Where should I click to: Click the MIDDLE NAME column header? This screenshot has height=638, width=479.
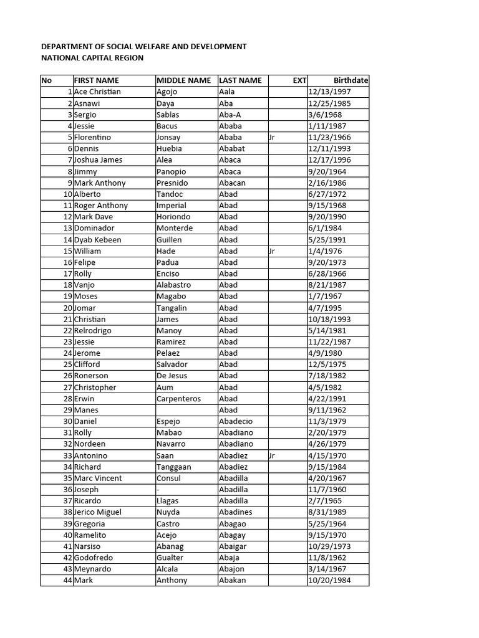[183, 80]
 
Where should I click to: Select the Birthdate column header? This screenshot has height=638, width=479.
[351, 80]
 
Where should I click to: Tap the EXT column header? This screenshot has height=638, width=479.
[299, 80]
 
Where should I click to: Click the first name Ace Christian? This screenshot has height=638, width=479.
[97, 92]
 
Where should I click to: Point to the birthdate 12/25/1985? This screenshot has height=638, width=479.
[329, 103]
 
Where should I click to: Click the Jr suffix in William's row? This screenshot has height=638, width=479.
[271, 251]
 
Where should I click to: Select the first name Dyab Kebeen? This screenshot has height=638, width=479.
[97, 240]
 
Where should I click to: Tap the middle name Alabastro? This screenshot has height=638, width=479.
[174, 285]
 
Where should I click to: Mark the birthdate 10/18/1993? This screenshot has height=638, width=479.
[329, 319]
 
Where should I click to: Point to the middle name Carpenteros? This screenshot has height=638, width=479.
[179, 399]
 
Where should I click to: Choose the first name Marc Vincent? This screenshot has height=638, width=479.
[98, 478]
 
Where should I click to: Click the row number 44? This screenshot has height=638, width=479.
[67, 580]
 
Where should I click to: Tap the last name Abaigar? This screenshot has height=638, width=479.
[233, 546]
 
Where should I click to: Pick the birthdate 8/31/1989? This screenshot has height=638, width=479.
[327, 512]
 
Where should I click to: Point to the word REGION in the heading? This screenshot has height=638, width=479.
[127, 58]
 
